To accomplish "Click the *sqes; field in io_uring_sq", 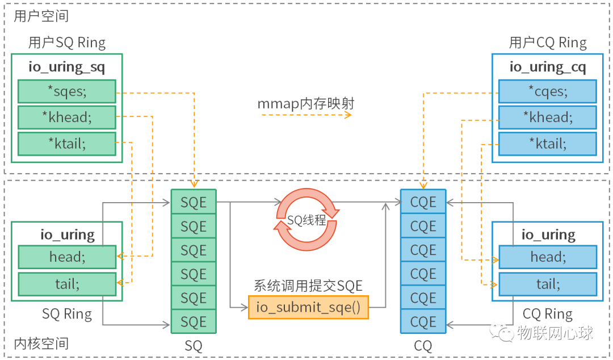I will click(x=66, y=91).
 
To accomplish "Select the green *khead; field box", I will click(x=66, y=118).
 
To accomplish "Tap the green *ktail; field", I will click(x=66, y=144).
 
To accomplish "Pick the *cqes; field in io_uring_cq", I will click(x=547, y=91).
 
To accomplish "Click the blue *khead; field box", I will click(x=547, y=118).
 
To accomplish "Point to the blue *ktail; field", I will click(x=547, y=144).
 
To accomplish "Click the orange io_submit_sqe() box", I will click(x=308, y=307).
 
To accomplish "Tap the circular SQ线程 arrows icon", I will click(x=307, y=220).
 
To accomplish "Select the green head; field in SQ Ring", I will click(x=66, y=257).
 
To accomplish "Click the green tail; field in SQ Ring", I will click(x=66, y=283).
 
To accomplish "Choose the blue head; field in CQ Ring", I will click(x=547, y=257).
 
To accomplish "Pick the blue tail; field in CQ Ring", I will click(x=547, y=283).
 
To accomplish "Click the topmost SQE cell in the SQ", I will click(x=194, y=202).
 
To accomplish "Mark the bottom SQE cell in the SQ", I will click(x=194, y=322).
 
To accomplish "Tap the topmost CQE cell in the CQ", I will click(x=423, y=202).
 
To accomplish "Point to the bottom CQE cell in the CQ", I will click(x=423, y=322).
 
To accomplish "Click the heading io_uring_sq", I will click(x=66, y=67).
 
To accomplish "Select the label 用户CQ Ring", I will click(x=547, y=43).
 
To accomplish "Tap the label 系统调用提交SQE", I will click(x=308, y=286).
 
